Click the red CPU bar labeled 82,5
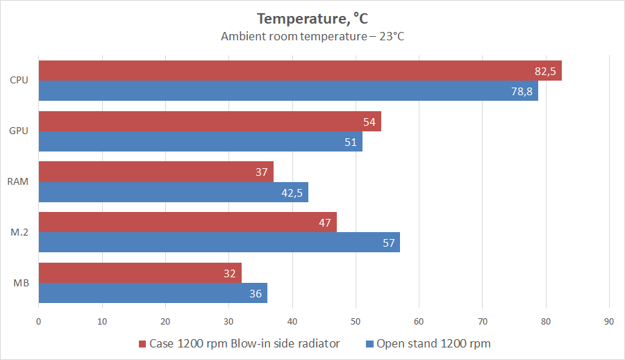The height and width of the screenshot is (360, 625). (299, 71)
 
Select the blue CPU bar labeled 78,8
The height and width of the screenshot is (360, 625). (287, 91)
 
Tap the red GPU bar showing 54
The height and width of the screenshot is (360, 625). (209, 122)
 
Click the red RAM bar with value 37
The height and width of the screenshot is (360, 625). (156, 172)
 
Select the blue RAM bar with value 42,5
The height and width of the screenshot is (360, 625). (173, 193)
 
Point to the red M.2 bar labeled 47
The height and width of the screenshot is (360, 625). (187, 222)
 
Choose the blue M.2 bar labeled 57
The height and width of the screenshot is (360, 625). (219, 243)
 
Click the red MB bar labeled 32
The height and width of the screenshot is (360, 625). (140, 273)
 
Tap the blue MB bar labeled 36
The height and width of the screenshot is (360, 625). (152, 293)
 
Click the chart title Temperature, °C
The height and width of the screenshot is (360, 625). (312, 18)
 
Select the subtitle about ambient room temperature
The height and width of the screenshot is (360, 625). (312, 36)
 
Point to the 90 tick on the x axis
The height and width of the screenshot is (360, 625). (609, 321)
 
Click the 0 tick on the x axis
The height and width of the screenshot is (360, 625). (39, 321)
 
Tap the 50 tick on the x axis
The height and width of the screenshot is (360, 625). (356, 321)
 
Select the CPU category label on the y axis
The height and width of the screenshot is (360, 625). (19, 81)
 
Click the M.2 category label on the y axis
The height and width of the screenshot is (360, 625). (19, 233)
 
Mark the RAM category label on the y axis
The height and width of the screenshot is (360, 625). (18, 182)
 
